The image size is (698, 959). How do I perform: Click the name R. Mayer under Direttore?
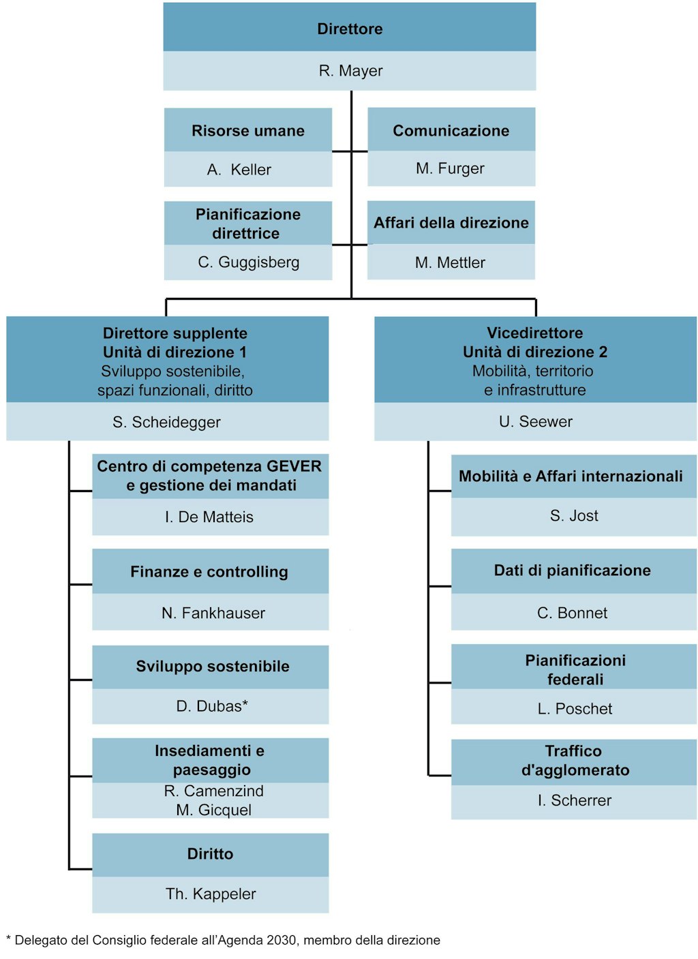click(350, 71)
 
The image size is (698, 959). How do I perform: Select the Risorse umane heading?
click(248, 131)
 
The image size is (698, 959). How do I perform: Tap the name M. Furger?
click(450, 168)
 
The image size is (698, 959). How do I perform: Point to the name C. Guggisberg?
click(248, 262)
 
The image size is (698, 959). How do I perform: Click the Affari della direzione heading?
click(451, 223)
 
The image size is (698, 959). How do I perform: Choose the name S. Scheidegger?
click(166, 423)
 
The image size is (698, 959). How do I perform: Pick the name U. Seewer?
click(536, 422)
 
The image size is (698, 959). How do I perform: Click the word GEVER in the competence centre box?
click(294, 466)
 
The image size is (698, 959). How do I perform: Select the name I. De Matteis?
click(209, 517)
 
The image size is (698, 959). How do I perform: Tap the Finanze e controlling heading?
click(209, 572)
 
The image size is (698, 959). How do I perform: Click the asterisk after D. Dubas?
click(245, 704)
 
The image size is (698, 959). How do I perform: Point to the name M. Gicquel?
click(213, 810)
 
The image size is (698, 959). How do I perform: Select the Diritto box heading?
click(210, 854)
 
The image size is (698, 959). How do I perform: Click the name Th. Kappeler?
click(211, 894)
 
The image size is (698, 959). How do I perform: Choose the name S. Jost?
click(574, 516)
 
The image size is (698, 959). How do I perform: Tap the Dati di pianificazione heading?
click(573, 570)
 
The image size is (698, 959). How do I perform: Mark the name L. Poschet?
click(575, 710)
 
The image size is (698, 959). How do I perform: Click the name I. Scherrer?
click(575, 801)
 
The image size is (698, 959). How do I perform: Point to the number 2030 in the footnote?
click(282, 941)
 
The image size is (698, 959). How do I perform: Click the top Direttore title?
click(350, 29)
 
